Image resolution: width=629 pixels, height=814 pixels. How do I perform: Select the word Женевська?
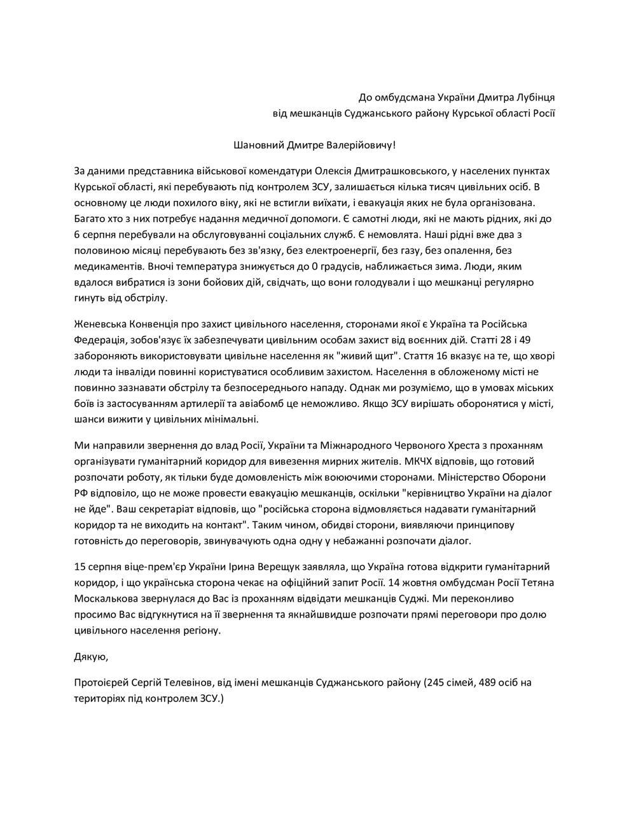point(98,324)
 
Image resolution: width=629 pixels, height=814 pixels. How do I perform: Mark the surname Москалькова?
point(102,598)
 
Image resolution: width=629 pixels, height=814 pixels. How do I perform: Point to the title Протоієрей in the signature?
point(101,683)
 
